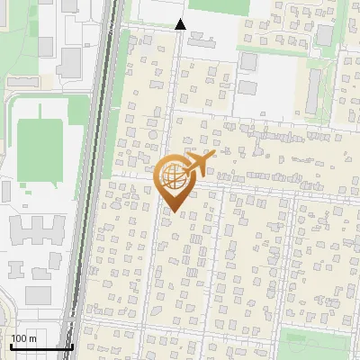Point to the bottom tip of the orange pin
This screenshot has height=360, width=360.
click(x=174, y=213)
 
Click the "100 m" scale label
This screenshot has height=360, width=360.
click(x=23, y=338)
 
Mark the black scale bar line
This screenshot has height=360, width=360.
click(x=41, y=346)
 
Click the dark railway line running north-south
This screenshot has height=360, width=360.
click(x=102, y=180)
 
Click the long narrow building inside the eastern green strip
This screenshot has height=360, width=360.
click(x=314, y=91)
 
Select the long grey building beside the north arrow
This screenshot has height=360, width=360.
click(x=201, y=41)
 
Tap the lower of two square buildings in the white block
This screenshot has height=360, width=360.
click(x=248, y=89)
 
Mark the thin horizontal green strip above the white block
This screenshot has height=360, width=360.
click(x=270, y=46)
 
